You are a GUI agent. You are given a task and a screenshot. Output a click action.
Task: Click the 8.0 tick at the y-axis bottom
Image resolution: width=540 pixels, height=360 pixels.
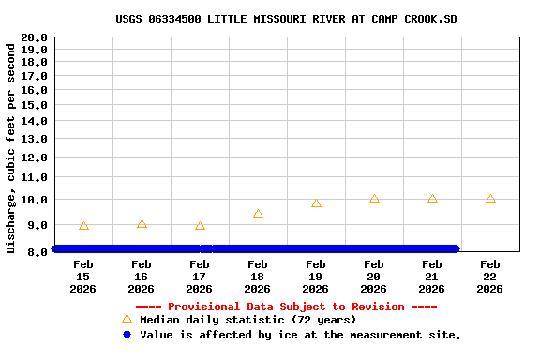pyautogui.click(x=37, y=251)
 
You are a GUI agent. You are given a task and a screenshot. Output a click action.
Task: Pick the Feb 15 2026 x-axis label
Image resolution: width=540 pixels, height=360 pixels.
pyautogui.click(x=83, y=277)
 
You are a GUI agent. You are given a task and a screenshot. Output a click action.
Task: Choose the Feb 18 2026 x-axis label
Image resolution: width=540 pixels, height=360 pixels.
pyautogui.click(x=258, y=277)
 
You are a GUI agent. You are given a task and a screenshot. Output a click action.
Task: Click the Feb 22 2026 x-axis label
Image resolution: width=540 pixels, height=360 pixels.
pyautogui.click(x=490, y=277)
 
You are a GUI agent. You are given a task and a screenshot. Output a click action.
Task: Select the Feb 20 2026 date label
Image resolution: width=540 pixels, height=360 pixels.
pyautogui.click(x=374, y=277)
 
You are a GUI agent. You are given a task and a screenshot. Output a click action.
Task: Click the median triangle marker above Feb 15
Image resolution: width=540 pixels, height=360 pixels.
pyautogui.click(x=83, y=226)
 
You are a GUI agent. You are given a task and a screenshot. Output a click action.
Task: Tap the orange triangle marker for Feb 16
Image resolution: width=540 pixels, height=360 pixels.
pyautogui.click(x=142, y=224)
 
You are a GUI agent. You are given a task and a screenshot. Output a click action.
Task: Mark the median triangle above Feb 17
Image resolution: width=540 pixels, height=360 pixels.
pyautogui.click(x=200, y=226)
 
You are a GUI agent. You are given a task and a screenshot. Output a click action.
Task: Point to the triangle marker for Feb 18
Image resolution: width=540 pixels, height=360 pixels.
pyautogui.click(x=258, y=214)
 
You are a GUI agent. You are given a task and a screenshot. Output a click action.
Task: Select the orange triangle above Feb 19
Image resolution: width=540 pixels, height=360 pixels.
pyautogui.click(x=316, y=203)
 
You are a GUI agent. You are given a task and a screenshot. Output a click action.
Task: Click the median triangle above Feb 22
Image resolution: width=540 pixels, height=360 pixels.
pyautogui.click(x=490, y=199)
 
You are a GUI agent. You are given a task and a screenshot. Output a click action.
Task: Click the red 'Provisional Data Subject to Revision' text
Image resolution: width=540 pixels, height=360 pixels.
pyautogui.click(x=286, y=307)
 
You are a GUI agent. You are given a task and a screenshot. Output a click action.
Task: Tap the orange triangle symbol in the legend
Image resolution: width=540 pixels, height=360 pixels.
pyautogui.click(x=127, y=320)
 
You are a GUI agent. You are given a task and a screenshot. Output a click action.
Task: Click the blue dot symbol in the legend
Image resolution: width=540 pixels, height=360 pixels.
pyautogui.click(x=127, y=334)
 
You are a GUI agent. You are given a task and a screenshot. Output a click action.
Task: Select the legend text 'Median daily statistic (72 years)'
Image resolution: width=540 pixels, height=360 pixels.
pyautogui.click(x=248, y=320)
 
